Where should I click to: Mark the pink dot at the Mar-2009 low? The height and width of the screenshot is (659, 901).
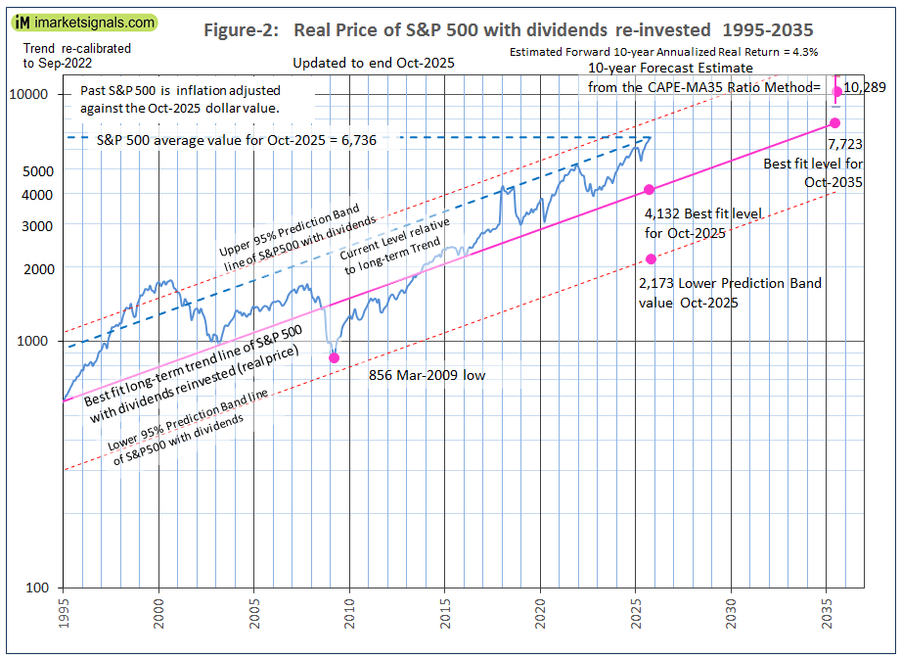click(335, 357)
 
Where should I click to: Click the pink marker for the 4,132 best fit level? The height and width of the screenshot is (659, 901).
click(649, 190)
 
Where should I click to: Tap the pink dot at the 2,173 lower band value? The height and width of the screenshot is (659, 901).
click(650, 259)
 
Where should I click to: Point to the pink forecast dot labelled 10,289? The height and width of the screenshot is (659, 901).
click(836, 92)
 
